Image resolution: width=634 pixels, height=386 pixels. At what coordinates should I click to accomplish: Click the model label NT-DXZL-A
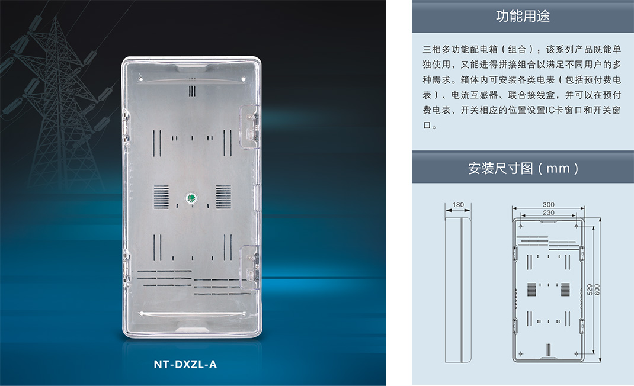tap(185, 364)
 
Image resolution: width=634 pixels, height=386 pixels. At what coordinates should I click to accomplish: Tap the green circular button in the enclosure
tap(191, 198)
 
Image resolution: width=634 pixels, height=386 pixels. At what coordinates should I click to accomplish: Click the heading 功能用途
tap(523, 16)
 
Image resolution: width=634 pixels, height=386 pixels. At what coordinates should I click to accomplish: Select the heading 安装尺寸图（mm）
tap(523, 168)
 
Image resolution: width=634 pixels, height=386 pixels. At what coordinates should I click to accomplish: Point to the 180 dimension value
tap(458, 204)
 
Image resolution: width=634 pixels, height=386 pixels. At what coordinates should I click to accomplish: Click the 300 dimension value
tap(548, 204)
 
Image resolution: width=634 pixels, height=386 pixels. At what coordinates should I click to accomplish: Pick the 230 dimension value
tap(548, 213)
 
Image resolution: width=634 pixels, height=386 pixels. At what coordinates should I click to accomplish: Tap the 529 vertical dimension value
tap(590, 289)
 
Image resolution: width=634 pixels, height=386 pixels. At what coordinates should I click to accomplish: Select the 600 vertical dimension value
tap(597, 289)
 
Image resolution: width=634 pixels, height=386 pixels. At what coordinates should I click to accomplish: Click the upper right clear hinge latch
tap(249, 127)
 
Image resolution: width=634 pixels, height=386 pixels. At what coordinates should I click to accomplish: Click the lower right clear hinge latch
tap(249, 267)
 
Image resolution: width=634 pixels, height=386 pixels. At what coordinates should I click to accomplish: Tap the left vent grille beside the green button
tap(161, 197)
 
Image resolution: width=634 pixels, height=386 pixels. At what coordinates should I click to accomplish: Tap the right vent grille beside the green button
tap(223, 197)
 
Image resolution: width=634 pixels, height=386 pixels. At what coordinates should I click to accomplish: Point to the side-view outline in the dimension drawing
tap(458, 289)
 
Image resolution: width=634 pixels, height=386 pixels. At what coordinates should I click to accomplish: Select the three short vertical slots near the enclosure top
tap(192, 91)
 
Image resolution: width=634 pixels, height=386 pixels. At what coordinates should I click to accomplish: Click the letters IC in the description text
tap(550, 110)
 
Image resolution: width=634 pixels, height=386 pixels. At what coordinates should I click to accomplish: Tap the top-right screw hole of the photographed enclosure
tap(243, 79)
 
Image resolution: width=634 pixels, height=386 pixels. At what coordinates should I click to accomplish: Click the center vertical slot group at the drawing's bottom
tap(549, 350)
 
